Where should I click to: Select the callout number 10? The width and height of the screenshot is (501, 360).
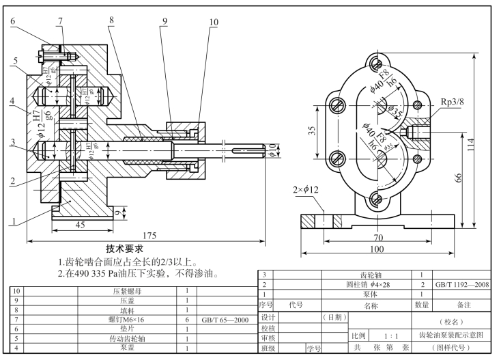[214, 22]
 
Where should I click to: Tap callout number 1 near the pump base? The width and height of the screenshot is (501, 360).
[12, 221]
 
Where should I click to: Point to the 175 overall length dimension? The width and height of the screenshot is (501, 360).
[147, 236]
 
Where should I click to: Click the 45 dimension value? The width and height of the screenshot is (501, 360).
[79, 225]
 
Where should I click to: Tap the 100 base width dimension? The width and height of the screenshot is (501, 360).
[377, 250]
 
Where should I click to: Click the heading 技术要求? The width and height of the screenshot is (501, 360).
[128, 249]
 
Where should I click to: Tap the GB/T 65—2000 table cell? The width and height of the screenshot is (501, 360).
[224, 319]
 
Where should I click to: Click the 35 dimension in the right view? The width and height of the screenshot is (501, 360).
[311, 130]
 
